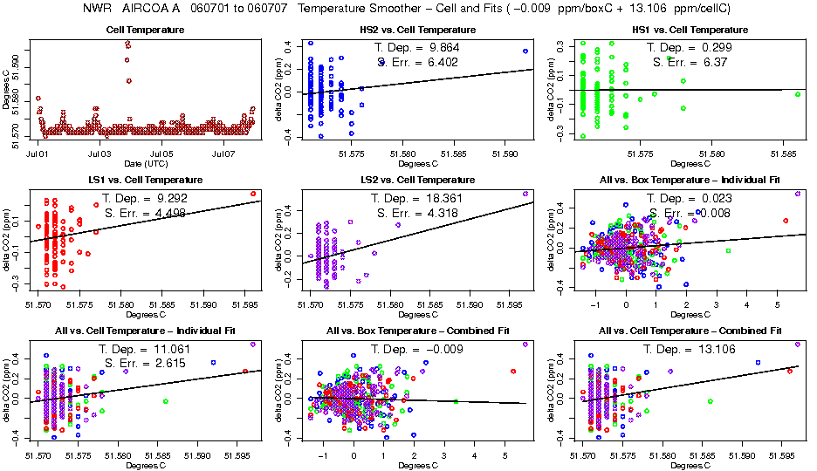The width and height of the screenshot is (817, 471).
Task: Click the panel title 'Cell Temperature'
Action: click(x=145, y=31)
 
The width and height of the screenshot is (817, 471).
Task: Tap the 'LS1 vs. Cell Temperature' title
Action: click(x=145, y=181)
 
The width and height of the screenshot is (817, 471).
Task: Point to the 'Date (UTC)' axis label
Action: click(x=145, y=163)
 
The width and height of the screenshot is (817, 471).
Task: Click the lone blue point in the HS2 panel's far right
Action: click(x=525, y=51)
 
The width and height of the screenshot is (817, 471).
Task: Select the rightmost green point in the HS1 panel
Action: click(x=798, y=94)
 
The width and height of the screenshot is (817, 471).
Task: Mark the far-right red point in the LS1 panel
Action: click(x=254, y=194)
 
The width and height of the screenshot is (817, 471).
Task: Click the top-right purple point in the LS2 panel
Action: click(x=525, y=194)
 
